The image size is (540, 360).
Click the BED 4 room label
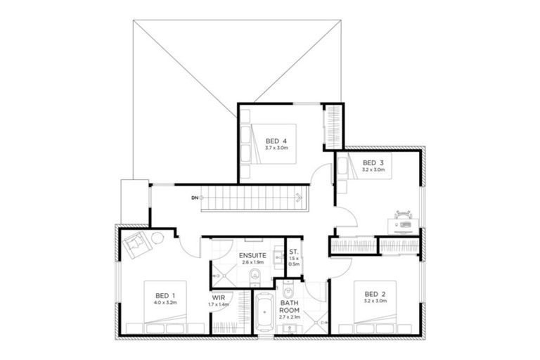(276, 140)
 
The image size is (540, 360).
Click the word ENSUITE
(252, 255)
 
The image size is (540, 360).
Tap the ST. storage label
(294, 250)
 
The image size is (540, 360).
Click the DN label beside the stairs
(194, 198)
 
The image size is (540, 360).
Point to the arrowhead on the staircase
(299, 198)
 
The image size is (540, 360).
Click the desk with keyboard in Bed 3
(404, 226)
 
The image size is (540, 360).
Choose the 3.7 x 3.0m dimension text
(276, 148)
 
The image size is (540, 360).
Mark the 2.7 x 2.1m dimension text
(290, 317)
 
